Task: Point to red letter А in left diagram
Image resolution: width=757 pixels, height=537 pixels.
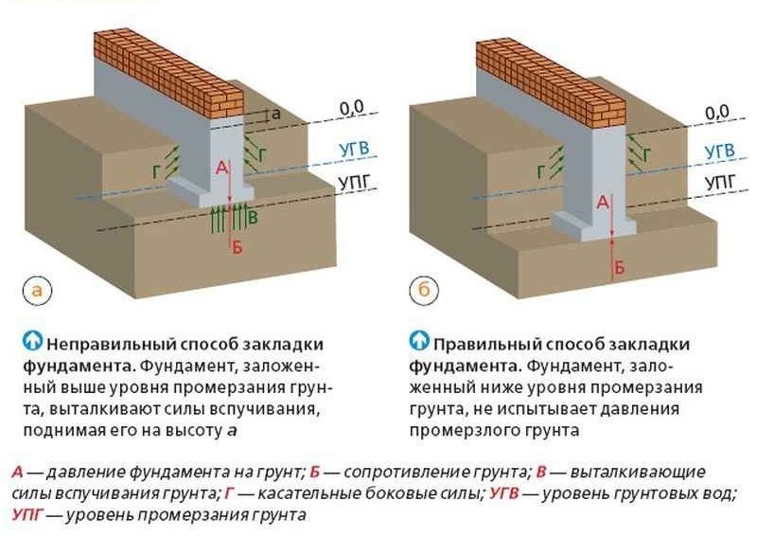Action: (221, 168)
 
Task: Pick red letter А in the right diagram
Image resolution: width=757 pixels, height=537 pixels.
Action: (601, 202)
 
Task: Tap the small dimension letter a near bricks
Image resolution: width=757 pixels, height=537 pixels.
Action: (275, 114)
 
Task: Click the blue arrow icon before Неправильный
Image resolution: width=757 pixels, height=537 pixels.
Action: (33, 339)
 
